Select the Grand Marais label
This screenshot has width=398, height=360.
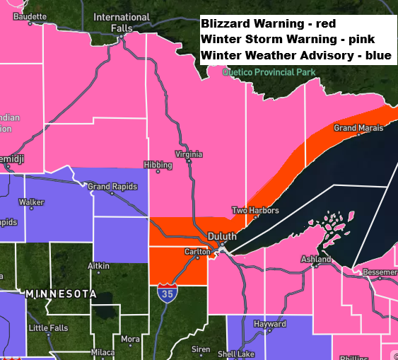click(x=358, y=128)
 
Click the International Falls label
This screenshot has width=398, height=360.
click(x=122, y=22)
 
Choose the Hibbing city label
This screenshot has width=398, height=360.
click(x=157, y=165)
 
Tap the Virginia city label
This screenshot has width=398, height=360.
click(x=189, y=154)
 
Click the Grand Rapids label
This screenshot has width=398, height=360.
click(x=110, y=187)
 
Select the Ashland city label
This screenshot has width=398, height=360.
click(x=316, y=260)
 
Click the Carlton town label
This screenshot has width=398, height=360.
click(x=198, y=251)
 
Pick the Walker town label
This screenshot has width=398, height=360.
click(x=31, y=202)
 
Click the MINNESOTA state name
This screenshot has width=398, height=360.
click(x=61, y=293)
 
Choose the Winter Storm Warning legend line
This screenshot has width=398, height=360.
click(x=288, y=39)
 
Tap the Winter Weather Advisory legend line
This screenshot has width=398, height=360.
click(x=295, y=55)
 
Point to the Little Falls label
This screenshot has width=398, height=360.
click(x=49, y=328)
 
